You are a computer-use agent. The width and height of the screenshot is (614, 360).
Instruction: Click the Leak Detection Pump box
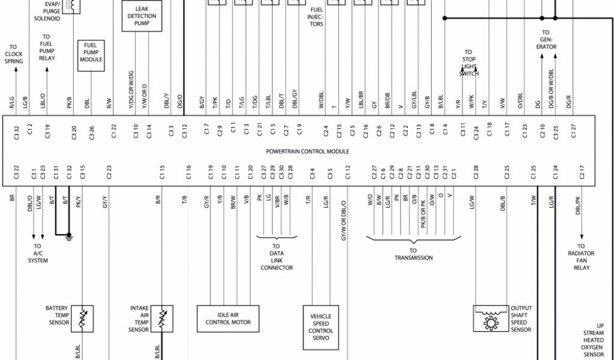pos(142,16)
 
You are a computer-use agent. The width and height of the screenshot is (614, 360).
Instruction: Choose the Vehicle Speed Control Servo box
pos(321,327)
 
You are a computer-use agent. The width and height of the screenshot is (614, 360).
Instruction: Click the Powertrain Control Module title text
pos(307,151)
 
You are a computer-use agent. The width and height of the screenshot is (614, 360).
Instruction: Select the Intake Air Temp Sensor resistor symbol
pos(161,318)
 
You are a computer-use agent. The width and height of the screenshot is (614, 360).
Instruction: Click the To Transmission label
pos(413,254)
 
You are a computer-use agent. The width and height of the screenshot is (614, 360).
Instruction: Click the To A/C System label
pos(38,253)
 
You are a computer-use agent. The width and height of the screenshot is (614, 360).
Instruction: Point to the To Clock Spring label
pos(13,54)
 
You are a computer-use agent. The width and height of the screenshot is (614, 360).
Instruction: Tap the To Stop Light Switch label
pos(468,62)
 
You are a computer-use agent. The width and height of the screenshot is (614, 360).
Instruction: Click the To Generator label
pos(546,40)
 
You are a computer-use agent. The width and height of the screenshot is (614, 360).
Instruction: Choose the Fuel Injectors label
pos(317,17)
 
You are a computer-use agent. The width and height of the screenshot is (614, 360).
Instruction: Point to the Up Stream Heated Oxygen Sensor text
pos(592,340)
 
